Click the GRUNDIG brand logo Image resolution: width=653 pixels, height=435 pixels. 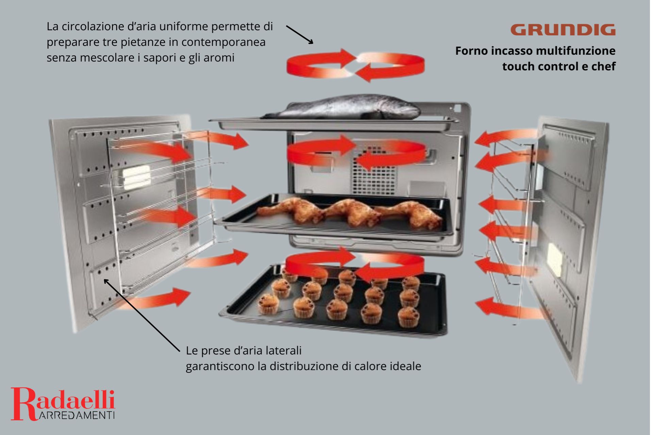point(563,30)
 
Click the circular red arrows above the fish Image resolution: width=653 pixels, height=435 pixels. point(355,65)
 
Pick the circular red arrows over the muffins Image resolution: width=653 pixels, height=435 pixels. point(355,265)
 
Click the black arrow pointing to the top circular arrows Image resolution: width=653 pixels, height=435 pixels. point(300,34)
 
